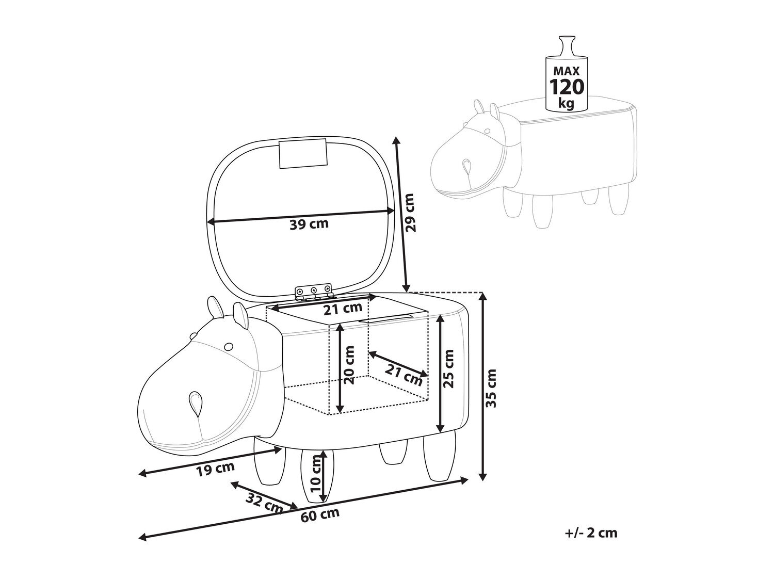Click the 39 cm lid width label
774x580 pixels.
pyautogui.click(x=309, y=224)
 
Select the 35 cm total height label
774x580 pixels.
pyautogui.click(x=491, y=388)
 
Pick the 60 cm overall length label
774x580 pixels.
pyautogui.click(x=320, y=515)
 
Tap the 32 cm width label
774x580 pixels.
pyautogui.click(x=265, y=504)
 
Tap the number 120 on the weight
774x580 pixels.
pyautogui.click(x=567, y=87)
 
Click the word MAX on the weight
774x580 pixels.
pyautogui.click(x=567, y=71)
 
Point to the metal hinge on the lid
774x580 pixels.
pyautogui.click(x=314, y=292)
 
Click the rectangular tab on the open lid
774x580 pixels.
pyautogui.click(x=303, y=154)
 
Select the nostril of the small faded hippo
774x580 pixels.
pyautogui.click(x=467, y=167)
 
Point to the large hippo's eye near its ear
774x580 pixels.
pyautogui.click(x=228, y=347)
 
